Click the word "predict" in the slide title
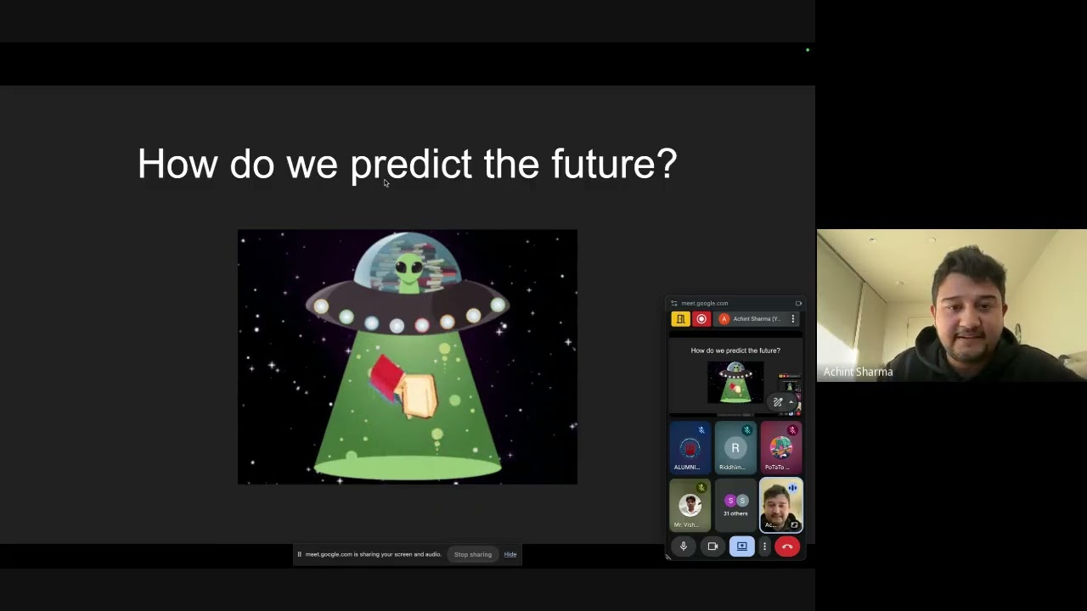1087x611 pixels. (410, 165)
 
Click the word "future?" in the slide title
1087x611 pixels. (613, 165)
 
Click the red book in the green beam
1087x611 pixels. (386, 376)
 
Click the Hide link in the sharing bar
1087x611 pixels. (510, 554)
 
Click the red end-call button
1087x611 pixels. (787, 547)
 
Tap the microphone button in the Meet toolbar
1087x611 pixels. (684, 547)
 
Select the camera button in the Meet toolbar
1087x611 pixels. (712, 547)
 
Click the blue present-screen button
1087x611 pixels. (741, 547)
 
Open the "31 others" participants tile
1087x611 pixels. (735, 504)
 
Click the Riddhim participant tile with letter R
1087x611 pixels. (735, 448)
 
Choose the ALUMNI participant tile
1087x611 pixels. (689, 448)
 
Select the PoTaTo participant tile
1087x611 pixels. (780, 448)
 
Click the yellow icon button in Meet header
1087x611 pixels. (680, 319)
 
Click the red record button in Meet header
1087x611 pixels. (701, 319)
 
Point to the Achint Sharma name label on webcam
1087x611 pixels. (858, 372)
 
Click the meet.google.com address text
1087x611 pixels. (705, 303)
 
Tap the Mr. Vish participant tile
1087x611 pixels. (690, 506)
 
